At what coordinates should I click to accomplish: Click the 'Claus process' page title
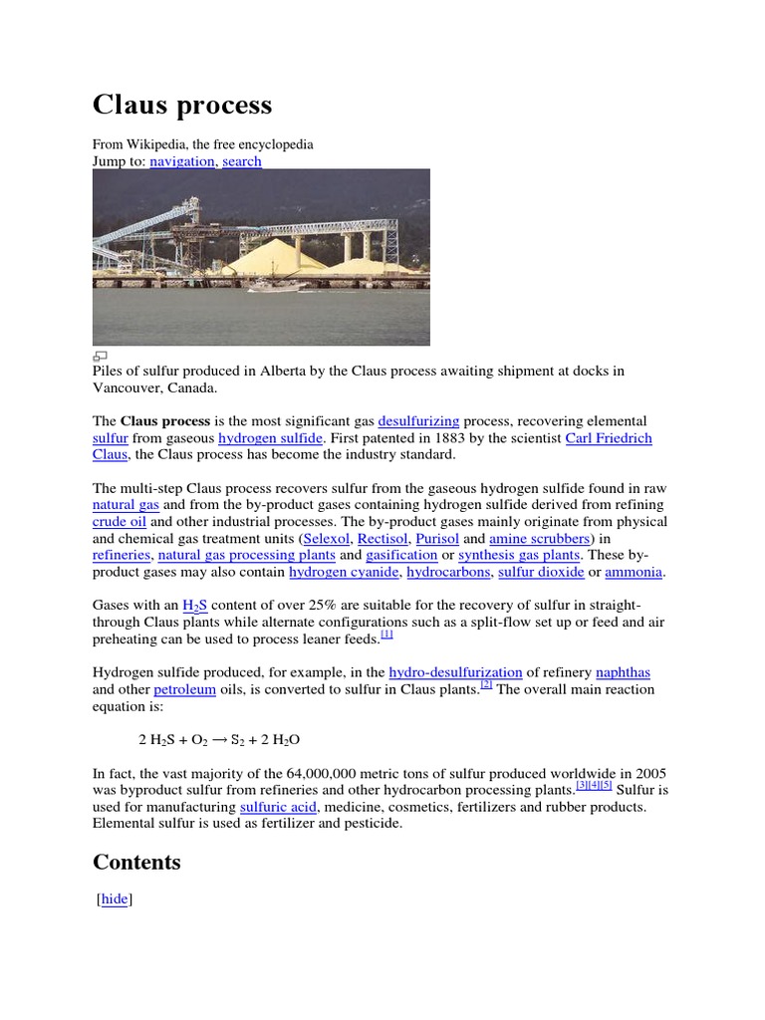(181, 105)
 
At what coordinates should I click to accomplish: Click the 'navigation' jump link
(182, 161)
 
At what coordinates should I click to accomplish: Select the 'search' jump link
(242, 161)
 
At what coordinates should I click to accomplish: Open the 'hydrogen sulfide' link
(271, 438)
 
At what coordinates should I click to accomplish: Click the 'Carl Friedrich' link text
(609, 438)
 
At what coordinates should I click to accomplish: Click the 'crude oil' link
(120, 522)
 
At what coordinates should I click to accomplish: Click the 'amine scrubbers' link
(540, 539)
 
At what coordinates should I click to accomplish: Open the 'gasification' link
(401, 555)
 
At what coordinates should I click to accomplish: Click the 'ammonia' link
(635, 572)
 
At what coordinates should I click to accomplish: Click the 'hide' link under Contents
(115, 898)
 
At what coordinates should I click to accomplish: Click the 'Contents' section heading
(136, 862)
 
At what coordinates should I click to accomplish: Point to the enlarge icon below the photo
(100, 356)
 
